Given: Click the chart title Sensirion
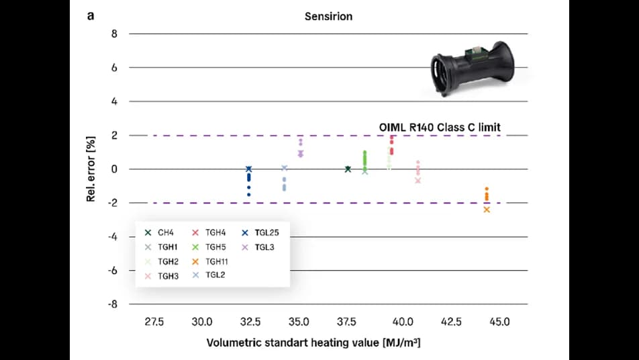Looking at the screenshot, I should pyautogui.click(x=328, y=15).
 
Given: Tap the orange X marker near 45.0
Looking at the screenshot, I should pyautogui.click(x=487, y=210).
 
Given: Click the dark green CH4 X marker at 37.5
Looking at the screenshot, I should pyautogui.click(x=348, y=169).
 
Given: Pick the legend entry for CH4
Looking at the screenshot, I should pyautogui.click(x=160, y=232).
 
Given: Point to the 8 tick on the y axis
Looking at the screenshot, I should pyautogui.click(x=114, y=34).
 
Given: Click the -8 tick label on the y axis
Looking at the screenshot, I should pyautogui.click(x=112, y=304).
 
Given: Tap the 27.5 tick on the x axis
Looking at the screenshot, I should pyautogui.click(x=154, y=322).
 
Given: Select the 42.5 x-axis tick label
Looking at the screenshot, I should pyautogui.click(x=450, y=322).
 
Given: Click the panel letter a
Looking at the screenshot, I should pyautogui.click(x=90, y=15).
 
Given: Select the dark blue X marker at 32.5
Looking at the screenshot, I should pyautogui.click(x=249, y=169).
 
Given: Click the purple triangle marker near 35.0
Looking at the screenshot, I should pyautogui.click(x=301, y=154).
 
